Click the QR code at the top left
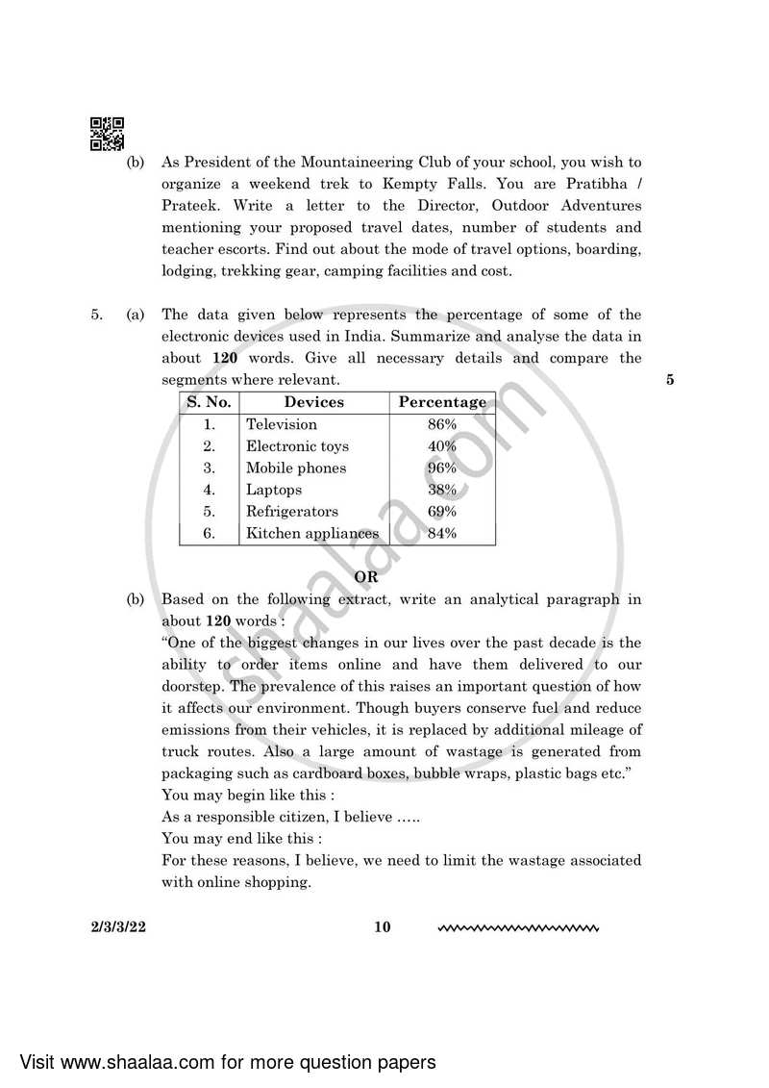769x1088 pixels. pyautogui.click(x=107, y=135)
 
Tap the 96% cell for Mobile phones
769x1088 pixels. pyautogui.click(x=441, y=468)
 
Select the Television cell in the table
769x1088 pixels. pyautogui.click(x=282, y=424)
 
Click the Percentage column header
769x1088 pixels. pyautogui.click(x=442, y=402)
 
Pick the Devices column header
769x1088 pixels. pyautogui.click(x=313, y=402)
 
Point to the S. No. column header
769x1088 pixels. pyautogui.click(x=209, y=402)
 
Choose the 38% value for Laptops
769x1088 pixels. pyautogui.click(x=441, y=490)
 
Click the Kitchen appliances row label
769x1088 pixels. pyautogui.click(x=312, y=534)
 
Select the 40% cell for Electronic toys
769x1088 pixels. pyautogui.click(x=441, y=446)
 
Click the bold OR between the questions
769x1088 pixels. pyautogui.click(x=366, y=577)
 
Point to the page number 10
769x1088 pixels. pyautogui.click(x=383, y=928)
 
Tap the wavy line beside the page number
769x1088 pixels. pyautogui.click(x=518, y=929)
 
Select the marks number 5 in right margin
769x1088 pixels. pyautogui.click(x=669, y=380)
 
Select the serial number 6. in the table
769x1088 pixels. pyautogui.click(x=209, y=534)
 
